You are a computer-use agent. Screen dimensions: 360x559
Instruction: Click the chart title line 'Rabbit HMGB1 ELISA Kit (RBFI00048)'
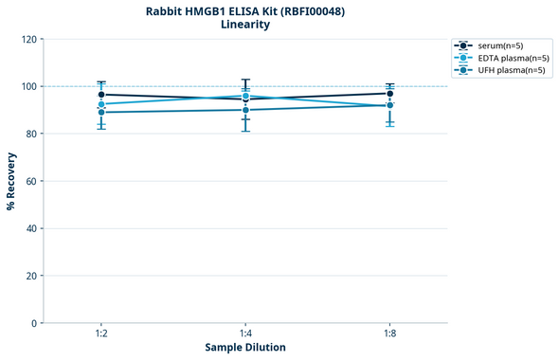(x=245, y=10)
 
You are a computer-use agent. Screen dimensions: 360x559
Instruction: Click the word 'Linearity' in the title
(x=245, y=25)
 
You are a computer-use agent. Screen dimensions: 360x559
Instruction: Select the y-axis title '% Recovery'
(x=11, y=181)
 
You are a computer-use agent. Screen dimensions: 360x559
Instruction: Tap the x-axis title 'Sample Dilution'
(x=245, y=348)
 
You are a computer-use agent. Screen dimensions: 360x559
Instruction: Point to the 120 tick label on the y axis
(x=29, y=39)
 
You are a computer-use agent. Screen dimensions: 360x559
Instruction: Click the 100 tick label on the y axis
(x=29, y=86)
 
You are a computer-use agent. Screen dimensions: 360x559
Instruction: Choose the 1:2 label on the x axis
(x=101, y=334)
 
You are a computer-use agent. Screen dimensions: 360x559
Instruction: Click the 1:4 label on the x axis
(x=245, y=334)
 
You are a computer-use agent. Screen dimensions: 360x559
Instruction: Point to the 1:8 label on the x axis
(x=389, y=334)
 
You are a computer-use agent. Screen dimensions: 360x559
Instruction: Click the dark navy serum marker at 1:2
(x=101, y=95)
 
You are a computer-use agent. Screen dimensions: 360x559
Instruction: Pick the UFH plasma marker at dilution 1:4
(x=245, y=110)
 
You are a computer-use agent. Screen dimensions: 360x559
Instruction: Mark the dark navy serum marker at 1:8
(x=389, y=93)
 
